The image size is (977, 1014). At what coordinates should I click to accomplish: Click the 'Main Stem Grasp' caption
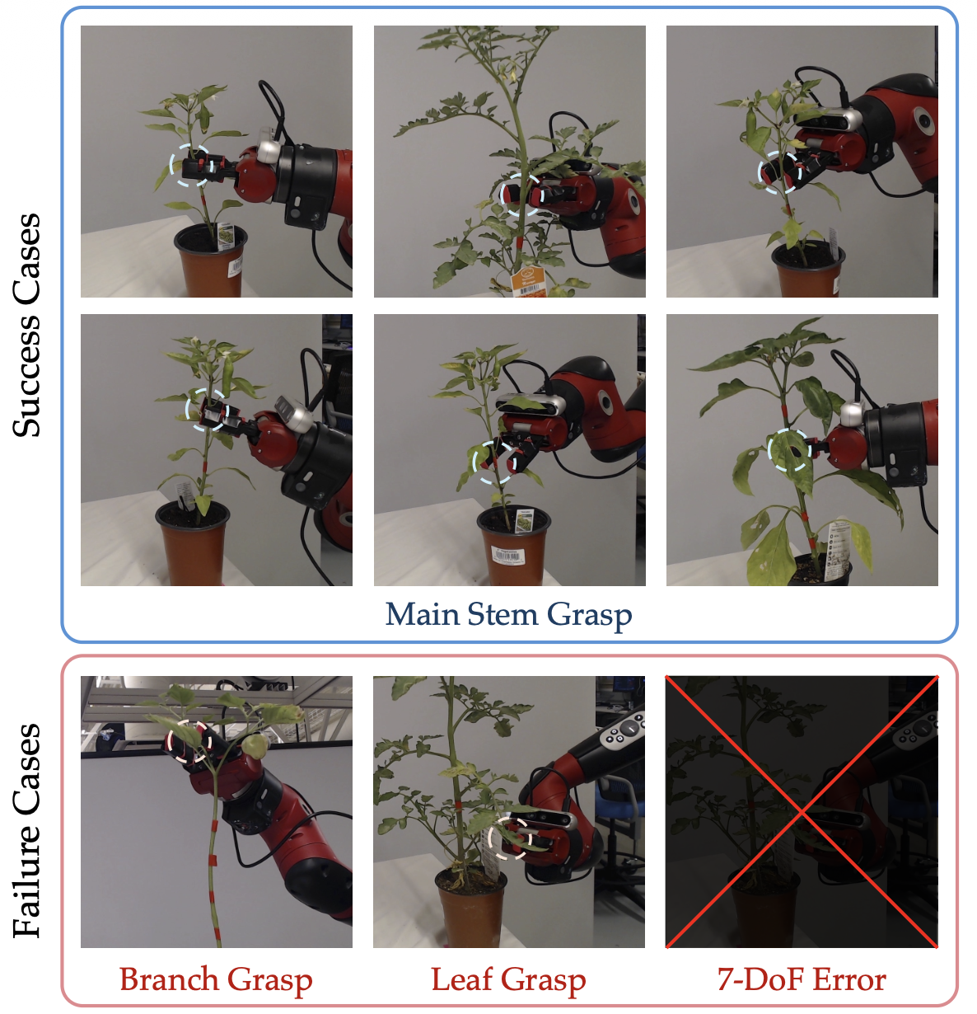(508, 615)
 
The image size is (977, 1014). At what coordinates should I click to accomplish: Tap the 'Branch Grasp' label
(216, 980)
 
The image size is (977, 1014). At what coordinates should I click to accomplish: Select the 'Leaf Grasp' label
(508, 980)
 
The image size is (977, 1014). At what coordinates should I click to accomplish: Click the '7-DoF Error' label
(802, 979)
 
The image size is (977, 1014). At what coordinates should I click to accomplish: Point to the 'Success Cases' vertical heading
(26, 325)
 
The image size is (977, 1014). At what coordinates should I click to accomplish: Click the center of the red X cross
(802, 812)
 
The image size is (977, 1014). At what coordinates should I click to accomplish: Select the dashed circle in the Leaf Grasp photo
(488, 838)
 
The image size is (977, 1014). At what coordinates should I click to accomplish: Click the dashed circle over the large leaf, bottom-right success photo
(769, 449)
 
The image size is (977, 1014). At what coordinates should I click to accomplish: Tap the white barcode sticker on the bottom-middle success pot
(507, 555)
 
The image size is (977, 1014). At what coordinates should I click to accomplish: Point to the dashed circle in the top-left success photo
(170, 165)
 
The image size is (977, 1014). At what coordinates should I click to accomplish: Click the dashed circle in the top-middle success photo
(500, 195)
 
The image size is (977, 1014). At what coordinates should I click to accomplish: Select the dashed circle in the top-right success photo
(758, 172)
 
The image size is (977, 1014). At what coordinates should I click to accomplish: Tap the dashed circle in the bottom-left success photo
(186, 409)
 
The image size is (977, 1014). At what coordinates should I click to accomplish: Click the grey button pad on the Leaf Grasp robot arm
(623, 730)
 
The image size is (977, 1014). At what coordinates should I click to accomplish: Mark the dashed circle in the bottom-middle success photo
(473, 462)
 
